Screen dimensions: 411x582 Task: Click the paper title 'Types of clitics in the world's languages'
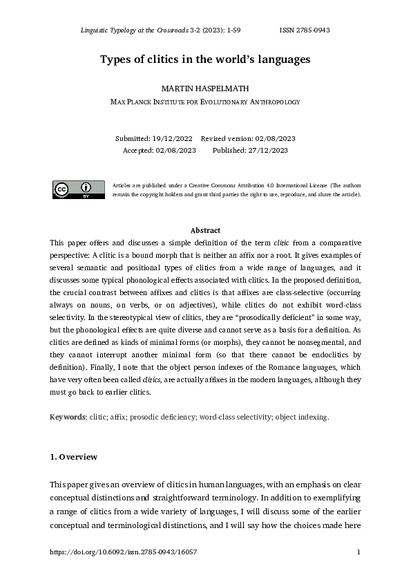pyautogui.click(x=205, y=59)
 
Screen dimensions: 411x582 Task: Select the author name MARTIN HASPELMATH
pyautogui.click(x=205, y=89)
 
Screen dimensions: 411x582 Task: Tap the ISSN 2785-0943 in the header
pyautogui.click(x=305, y=30)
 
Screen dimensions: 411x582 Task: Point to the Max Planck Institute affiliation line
pyautogui.click(x=205, y=102)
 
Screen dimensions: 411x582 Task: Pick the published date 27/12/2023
pyautogui.click(x=264, y=150)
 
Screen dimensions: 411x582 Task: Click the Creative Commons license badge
pyautogui.click(x=79, y=189)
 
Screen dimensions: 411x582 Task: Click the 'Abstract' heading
pyautogui.click(x=205, y=230)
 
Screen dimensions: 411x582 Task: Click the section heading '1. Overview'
pyautogui.click(x=74, y=457)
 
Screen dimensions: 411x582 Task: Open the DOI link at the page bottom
pyautogui.click(x=124, y=552)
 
